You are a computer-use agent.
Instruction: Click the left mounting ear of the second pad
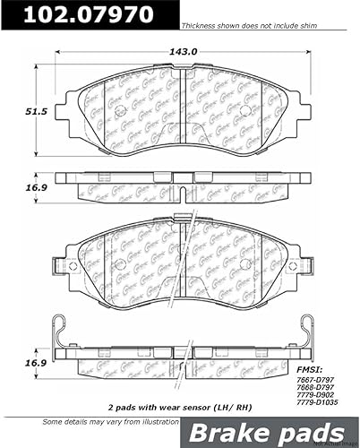(60, 266)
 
